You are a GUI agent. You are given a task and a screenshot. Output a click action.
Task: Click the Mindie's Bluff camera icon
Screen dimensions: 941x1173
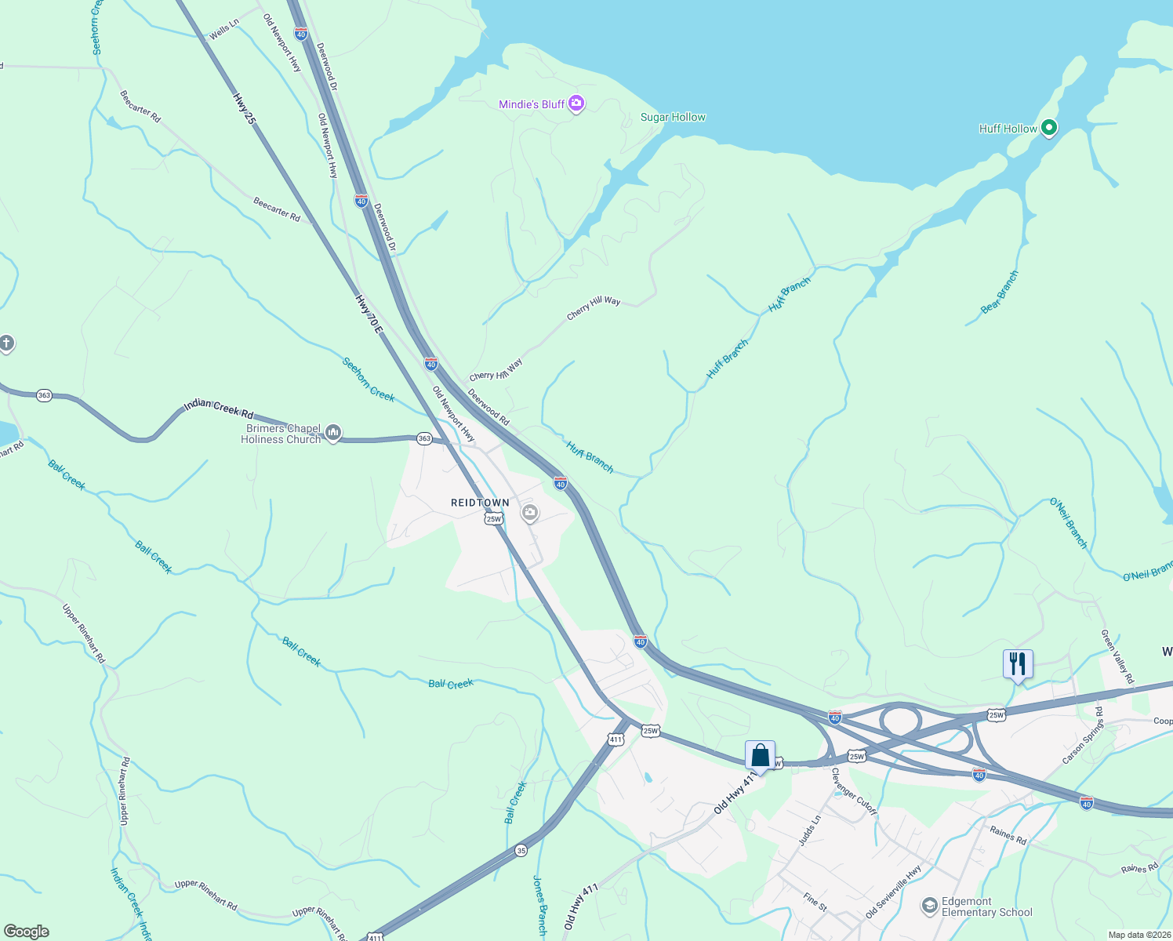point(576,104)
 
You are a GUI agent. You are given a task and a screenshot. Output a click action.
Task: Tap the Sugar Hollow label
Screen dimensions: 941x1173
point(673,117)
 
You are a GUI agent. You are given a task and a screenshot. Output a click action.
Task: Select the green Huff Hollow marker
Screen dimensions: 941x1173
point(1049,129)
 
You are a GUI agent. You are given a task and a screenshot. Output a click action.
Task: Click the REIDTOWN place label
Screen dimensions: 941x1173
point(480,503)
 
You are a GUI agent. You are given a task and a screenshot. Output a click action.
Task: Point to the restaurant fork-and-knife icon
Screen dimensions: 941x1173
point(1017,664)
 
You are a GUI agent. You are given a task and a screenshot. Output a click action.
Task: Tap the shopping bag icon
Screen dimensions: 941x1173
point(760,755)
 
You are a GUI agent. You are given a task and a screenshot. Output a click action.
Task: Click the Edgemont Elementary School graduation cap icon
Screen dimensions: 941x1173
point(929,906)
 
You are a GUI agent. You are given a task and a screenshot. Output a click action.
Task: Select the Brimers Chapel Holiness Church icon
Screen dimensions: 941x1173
point(333,433)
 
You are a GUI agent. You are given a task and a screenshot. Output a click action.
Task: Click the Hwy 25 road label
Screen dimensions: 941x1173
point(244,108)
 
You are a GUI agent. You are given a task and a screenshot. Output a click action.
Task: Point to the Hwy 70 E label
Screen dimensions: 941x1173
point(369,314)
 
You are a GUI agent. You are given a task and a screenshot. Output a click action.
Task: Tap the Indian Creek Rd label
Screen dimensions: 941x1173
point(219,408)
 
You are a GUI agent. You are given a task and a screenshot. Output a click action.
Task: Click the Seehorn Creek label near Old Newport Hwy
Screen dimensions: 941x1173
point(369,379)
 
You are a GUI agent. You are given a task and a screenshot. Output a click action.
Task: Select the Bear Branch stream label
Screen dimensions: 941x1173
point(1000,292)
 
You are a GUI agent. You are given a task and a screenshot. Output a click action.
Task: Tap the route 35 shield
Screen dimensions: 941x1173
point(521,850)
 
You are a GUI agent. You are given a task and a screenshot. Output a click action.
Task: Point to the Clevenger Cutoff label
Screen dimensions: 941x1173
point(854,790)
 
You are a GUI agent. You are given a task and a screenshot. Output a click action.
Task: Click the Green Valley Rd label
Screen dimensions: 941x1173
point(1117,656)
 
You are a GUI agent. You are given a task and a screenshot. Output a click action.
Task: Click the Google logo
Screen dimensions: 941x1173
point(26,932)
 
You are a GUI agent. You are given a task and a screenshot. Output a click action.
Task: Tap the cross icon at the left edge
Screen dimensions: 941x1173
point(6,343)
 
